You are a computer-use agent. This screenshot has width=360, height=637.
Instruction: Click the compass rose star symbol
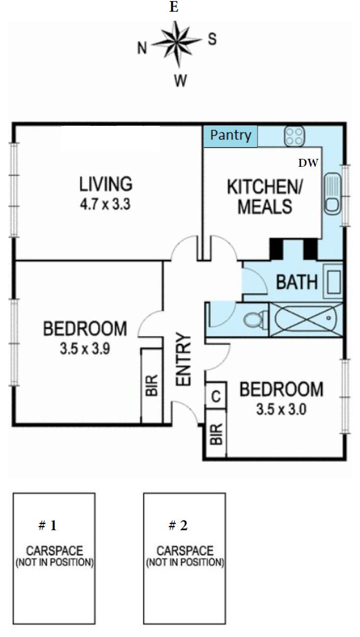coord(177,44)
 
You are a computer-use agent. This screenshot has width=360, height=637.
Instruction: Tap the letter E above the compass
coord(174,7)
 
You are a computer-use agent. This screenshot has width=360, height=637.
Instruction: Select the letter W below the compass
coord(180,81)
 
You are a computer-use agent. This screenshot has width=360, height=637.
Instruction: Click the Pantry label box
coord(230,136)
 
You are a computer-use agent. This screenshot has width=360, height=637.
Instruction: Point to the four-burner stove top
coord(295,136)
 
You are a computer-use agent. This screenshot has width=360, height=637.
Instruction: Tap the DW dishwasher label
coord(309,163)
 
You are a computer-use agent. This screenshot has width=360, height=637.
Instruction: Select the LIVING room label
coord(106,184)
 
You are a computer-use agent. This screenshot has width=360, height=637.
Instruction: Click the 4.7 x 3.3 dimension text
coord(105,203)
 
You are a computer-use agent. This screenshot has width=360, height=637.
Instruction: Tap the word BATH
coord(297,282)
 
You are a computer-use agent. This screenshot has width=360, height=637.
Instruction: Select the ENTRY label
coord(184,359)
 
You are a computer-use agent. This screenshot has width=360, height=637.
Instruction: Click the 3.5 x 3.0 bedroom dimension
coord(281,410)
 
